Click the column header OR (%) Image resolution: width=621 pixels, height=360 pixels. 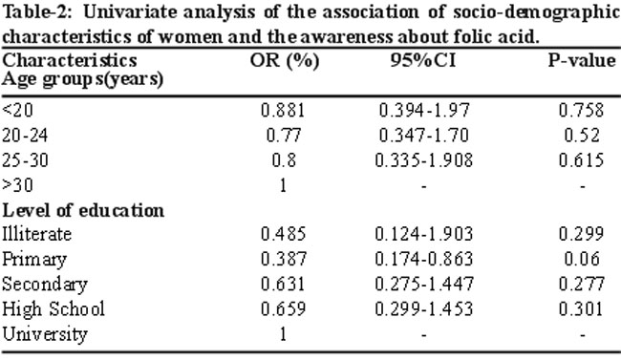click(x=285, y=61)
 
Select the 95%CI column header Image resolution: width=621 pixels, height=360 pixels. click(x=423, y=60)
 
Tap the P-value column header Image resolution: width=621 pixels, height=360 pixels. click(x=582, y=60)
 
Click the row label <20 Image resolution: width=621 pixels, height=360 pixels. click(x=17, y=110)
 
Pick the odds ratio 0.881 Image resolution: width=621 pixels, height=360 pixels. click(x=283, y=110)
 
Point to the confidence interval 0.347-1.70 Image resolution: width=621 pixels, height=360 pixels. click(x=424, y=135)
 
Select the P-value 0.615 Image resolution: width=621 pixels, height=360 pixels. click(x=582, y=160)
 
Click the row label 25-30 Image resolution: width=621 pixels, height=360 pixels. click(x=25, y=160)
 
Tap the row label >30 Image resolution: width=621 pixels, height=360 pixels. click(x=17, y=185)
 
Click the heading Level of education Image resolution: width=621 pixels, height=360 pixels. click(x=83, y=210)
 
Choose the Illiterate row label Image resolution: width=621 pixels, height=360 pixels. click(x=37, y=234)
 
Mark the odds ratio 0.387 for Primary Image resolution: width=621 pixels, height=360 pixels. click(x=284, y=259)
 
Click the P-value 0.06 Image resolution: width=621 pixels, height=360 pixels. click(x=582, y=259)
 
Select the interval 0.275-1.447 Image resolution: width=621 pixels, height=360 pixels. click(x=424, y=284)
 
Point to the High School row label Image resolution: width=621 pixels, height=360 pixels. click(x=54, y=309)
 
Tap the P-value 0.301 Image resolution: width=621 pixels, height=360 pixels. click(x=581, y=308)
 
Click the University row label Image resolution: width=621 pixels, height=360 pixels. click(x=45, y=334)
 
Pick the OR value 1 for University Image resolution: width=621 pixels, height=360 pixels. click(x=283, y=334)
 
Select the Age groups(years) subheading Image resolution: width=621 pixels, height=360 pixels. click(x=82, y=79)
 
